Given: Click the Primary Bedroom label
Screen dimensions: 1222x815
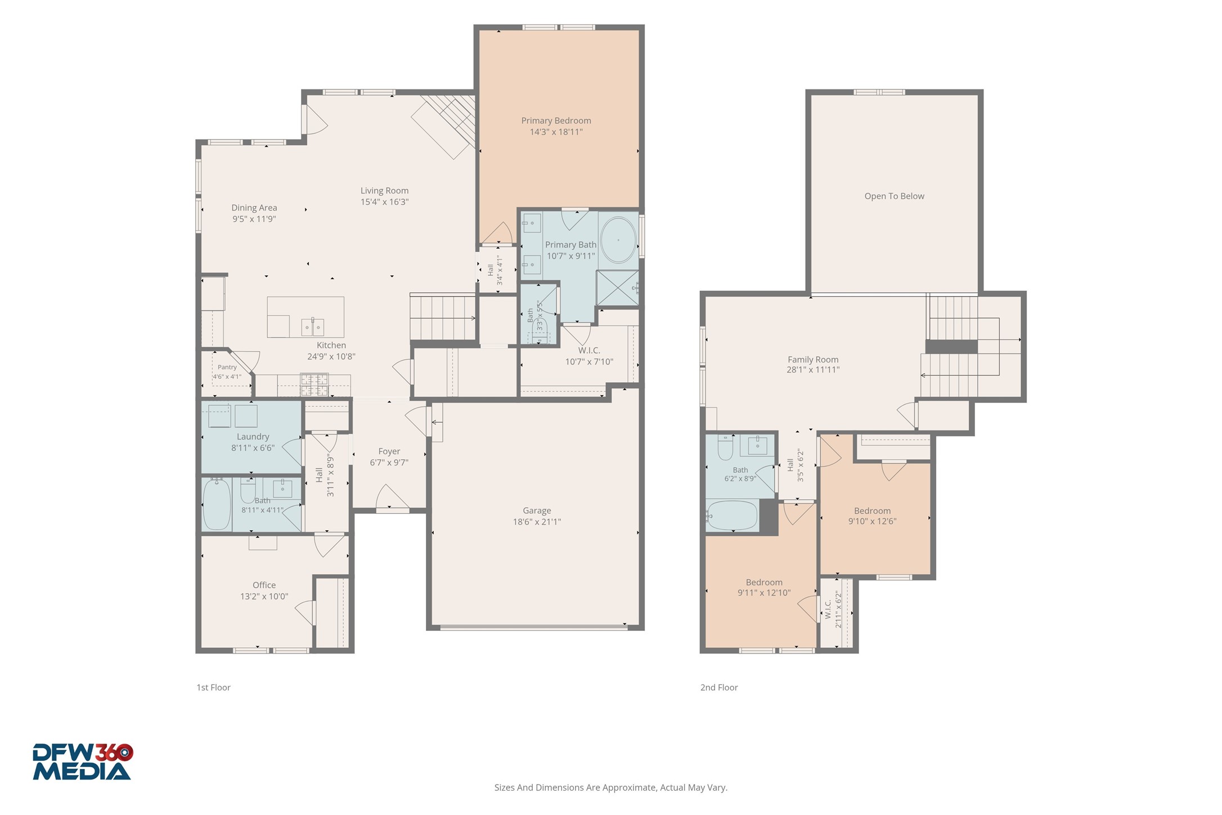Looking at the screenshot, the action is click(556, 120).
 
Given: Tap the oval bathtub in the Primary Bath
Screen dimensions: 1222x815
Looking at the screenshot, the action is click(618, 240).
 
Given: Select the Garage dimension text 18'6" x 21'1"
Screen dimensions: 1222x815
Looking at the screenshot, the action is click(537, 522).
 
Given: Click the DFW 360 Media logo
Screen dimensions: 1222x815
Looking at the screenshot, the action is click(83, 762).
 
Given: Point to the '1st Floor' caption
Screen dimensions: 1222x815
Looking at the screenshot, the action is click(213, 687).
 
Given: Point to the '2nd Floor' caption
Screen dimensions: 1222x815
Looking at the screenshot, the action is click(719, 687).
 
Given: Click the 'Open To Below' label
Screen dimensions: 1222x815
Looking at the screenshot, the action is click(894, 196).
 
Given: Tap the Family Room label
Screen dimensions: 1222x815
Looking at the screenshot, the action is click(813, 359).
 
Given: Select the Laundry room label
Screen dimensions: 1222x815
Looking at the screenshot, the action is click(253, 436).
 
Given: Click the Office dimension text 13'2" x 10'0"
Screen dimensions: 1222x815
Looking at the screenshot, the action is click(264, 596).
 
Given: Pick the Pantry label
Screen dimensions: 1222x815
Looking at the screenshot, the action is click(227, 367).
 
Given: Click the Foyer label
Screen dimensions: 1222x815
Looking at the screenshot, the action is click(389, 451).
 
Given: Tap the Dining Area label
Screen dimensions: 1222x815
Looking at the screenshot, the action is click(254, 207).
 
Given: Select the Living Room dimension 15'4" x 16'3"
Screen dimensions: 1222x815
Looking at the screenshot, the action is click(384, 201).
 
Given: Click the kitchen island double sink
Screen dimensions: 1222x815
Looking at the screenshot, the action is click(312, 326).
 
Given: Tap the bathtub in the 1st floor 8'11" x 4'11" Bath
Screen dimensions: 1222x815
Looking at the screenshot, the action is click(217, 504).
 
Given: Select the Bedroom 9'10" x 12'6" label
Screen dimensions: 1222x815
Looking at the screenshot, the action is click(872, 511).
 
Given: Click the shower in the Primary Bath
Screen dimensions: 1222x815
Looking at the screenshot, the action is click(617, 288).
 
